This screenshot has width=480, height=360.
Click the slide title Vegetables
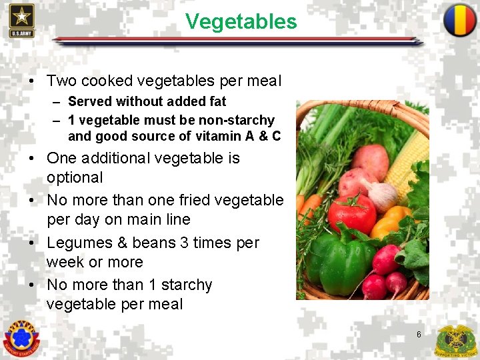(x=241, y=22)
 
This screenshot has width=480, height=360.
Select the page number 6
(x=419, y=334)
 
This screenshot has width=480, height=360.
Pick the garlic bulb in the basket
(x=382, y=195)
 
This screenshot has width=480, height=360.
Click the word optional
(x=75, y=177)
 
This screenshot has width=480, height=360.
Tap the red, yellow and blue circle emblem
(x=460, y=20)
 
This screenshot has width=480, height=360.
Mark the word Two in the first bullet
(x=62, y=81)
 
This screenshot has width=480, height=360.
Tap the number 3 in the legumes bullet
(x=184, y=243)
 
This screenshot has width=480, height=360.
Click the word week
(x=63, y=262)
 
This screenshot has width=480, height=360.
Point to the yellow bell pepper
(x=391, y=221)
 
